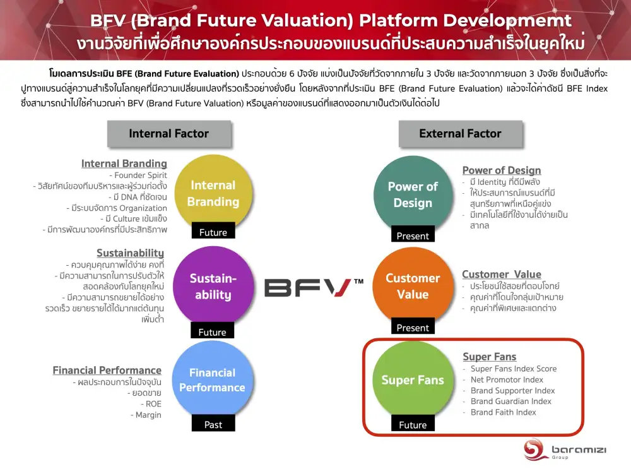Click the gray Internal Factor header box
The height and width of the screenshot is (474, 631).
(169, 134)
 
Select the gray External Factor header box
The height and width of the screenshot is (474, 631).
(461, 134)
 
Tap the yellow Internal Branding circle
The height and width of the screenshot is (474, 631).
(213, 193)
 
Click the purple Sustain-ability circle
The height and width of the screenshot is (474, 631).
(213, 286)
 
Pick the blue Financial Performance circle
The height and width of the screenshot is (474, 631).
(213, 379)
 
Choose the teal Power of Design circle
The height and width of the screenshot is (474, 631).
(413, 194)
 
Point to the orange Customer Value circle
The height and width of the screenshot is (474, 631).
(413, 286)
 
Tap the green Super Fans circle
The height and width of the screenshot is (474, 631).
(413, 380)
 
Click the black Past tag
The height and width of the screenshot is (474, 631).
(213, 424)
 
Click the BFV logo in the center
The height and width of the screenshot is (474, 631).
(314, 287)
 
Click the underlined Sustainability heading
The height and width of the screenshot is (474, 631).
(131, 253)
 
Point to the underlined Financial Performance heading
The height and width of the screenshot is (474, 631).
(107, 370)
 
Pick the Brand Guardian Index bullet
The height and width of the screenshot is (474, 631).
(511, 401)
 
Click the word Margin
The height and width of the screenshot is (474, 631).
(148, 415)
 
